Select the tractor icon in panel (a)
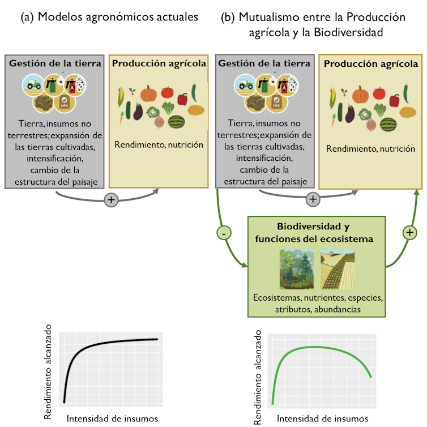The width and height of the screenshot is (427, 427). tap(32, 85)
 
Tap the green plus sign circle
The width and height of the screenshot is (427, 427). tap(409, 232)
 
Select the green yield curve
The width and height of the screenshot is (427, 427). tap(317, 348)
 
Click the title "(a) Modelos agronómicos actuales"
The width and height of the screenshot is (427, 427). tap(109, 17)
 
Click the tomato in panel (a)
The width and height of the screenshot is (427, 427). tap(166, 92)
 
